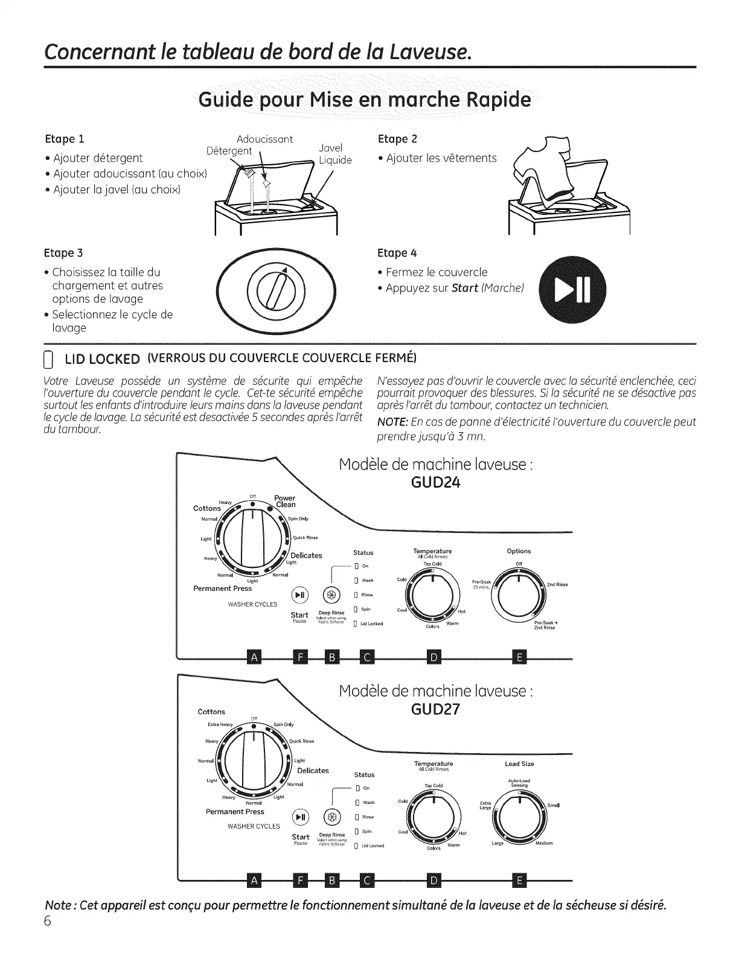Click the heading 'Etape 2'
point(397,139)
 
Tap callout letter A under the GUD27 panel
point(254,881)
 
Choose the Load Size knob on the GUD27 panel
point(519,817)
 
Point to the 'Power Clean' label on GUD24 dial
point(285,502)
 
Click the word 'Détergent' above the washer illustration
point(229,151)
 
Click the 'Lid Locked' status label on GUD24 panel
point(371,623)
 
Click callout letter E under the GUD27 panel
point(520,881)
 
